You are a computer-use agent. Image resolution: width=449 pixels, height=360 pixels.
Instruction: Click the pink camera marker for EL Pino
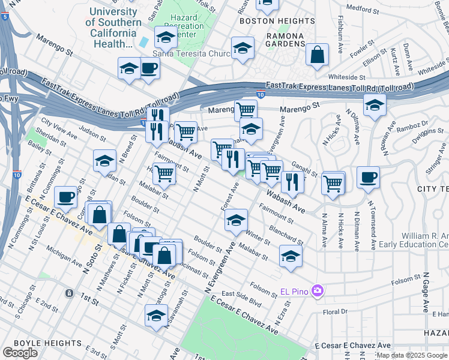318,292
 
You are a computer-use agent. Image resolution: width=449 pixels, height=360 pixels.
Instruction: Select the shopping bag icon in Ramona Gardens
317,55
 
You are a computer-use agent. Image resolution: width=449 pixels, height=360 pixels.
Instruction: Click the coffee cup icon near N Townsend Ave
368,178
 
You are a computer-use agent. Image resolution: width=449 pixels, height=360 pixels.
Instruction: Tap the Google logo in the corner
20,353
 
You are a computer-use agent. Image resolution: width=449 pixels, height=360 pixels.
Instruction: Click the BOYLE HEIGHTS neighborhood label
41,343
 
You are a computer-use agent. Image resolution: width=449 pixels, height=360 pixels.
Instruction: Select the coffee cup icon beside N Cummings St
65,197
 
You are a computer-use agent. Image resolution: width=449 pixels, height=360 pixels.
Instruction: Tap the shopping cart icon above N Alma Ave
333,183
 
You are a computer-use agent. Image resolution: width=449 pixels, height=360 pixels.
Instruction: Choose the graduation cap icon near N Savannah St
156,316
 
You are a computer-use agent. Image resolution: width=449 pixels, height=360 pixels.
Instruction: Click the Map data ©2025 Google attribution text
412,355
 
